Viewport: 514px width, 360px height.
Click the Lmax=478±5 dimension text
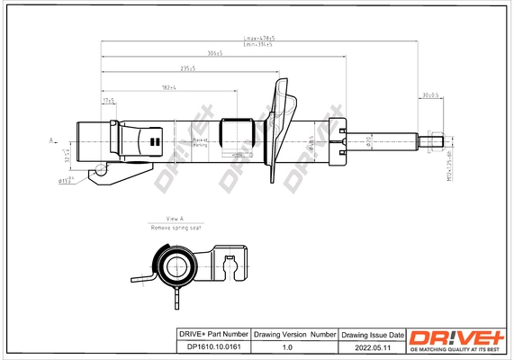259,39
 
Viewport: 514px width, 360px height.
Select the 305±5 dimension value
213,53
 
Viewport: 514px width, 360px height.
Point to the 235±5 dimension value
188,69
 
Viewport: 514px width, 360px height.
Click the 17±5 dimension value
109,102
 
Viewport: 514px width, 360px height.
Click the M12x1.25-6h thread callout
447,167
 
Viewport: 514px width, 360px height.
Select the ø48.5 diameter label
311,141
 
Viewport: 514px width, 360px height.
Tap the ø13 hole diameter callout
65,181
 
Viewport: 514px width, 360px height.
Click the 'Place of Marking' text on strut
200,141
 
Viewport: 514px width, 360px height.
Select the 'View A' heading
175,219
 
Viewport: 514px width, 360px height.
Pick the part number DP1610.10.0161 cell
209,346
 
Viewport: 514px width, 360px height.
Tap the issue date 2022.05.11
372,346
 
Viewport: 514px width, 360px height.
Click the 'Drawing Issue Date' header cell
372,334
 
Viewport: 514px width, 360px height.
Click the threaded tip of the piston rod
436,140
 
